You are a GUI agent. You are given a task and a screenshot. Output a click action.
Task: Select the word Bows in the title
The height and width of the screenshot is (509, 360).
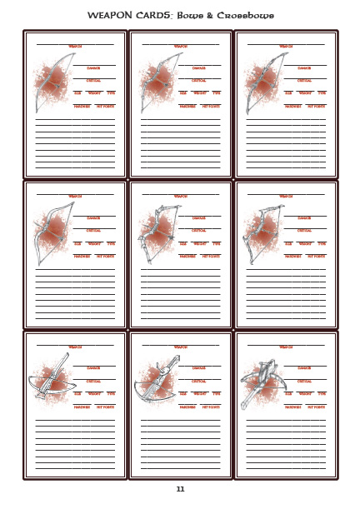click(192, 16)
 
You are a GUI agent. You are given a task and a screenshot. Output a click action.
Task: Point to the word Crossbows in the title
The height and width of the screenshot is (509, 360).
click(248, 16)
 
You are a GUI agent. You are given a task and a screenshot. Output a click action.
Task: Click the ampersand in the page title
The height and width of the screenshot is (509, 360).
click(213, 16)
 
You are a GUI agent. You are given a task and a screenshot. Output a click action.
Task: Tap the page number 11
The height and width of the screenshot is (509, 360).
click(180, 489)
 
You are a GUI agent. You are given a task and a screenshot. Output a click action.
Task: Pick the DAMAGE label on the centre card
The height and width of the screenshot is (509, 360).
click(199, 218)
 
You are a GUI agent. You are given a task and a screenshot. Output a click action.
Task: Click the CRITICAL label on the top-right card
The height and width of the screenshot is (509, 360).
click(304, 81)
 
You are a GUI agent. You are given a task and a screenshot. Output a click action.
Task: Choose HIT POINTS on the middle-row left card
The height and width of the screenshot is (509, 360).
click(106, 257)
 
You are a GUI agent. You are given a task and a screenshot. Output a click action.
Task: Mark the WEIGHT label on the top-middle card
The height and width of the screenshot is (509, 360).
click(200, 93)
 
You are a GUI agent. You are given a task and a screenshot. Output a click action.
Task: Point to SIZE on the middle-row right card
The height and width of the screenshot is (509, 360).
click(289, 243)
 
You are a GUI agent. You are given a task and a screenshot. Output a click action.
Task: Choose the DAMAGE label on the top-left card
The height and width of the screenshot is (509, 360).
click(94, 68)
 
